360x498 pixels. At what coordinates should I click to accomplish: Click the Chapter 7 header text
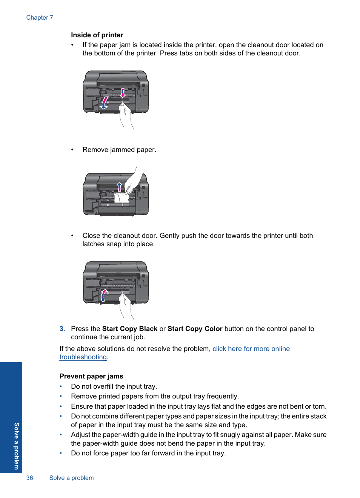click(40, 18)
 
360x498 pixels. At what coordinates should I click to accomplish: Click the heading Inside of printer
click(97, 35)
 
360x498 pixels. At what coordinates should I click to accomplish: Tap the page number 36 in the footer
click(29, 478)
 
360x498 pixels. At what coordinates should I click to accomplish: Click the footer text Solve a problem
click(71, 478)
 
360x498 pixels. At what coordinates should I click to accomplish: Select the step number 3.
click(62, 329)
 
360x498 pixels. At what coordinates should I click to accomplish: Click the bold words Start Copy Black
click(129, 329)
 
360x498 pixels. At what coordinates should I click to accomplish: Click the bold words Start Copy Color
click(195, 329)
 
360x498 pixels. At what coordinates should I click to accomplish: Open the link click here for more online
click(251, 349)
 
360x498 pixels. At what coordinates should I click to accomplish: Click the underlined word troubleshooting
click(83, 357)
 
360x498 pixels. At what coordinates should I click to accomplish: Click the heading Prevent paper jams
click(91, 376)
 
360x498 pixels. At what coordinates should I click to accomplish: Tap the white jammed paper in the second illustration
click(122, 198)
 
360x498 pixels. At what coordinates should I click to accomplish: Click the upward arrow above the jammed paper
click(119, 186)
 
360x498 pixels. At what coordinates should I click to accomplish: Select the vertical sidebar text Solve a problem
click(16, 446)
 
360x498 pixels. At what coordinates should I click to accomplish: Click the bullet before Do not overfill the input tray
click(61, 386)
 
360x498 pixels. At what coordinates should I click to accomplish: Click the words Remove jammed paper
click(119, 150)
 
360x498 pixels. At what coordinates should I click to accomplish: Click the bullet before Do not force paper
click(61, 453)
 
